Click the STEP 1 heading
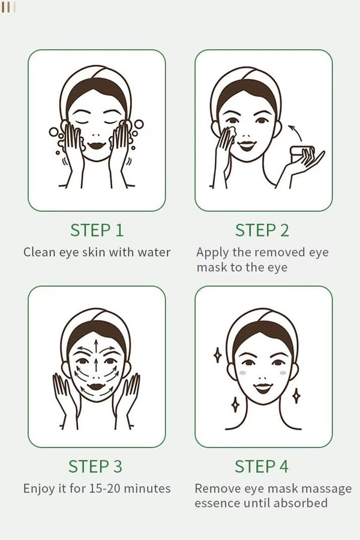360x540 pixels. click(97, 230)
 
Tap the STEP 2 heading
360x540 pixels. click(262, 230)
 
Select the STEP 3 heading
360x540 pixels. click(97, 466)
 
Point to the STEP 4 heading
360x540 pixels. click(262, 466)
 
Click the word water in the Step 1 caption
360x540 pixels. click(154, 252)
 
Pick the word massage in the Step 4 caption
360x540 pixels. click(329, 488)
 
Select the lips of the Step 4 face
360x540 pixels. click(262, 388)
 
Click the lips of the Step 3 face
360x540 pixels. click(96, 385)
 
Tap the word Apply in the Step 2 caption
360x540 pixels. click(211, 252)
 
